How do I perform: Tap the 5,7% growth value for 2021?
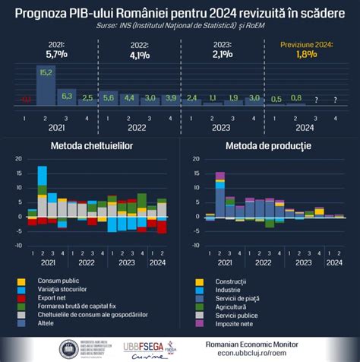(56, 55)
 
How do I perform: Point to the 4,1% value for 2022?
(137, 55)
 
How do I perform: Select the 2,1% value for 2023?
(222, 55)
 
